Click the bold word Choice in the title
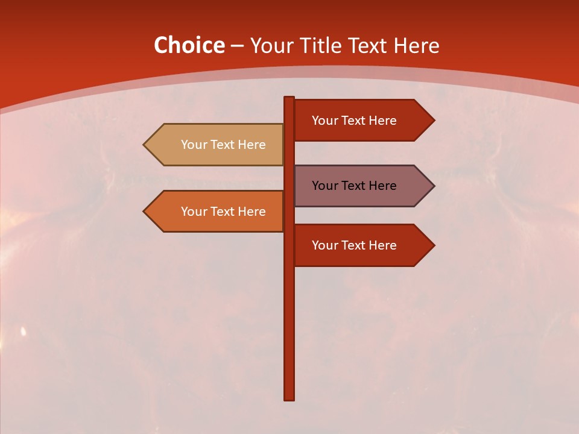pyautogui.click(x=189, y=45)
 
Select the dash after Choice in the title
pyautogui.click(x=237, y=46)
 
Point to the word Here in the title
pyautogui.click(x=416, y=46)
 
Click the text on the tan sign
pyautogui.click(x=223, y=145)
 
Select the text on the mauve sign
pyautogui.click(x=354, y=186)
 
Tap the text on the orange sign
pyautogui.click(x=223, y=212)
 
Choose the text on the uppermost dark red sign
pyautogui.click(x=354, y=121)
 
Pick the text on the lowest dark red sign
pyautogui.click(x=354, y=245)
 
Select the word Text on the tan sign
pyautogui.click(x=223, y=145)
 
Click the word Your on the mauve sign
pyautogui.click(x=324, y=186)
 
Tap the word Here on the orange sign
pyautogui.click(x=252, y=212)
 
